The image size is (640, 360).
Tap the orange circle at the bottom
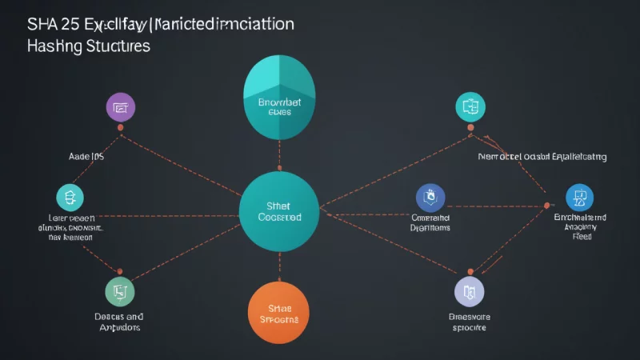pos(278,311)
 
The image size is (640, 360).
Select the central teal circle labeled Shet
pos(279,210)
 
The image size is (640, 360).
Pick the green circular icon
pos(121,293)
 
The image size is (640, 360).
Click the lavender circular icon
pos(469,293)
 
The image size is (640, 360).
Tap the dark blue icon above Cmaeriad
pos(430,197)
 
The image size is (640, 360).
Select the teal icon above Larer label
pos(70,197)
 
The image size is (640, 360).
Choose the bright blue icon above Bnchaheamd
pos(579,197)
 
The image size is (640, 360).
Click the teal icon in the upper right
pos(469,106)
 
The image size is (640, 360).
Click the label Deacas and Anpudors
pos(120,322)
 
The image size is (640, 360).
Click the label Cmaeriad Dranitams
pos(430,222)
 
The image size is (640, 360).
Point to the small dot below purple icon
pos(121,127)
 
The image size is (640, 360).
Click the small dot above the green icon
pos(121,272)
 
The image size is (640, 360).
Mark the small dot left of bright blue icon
pos(547,205)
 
